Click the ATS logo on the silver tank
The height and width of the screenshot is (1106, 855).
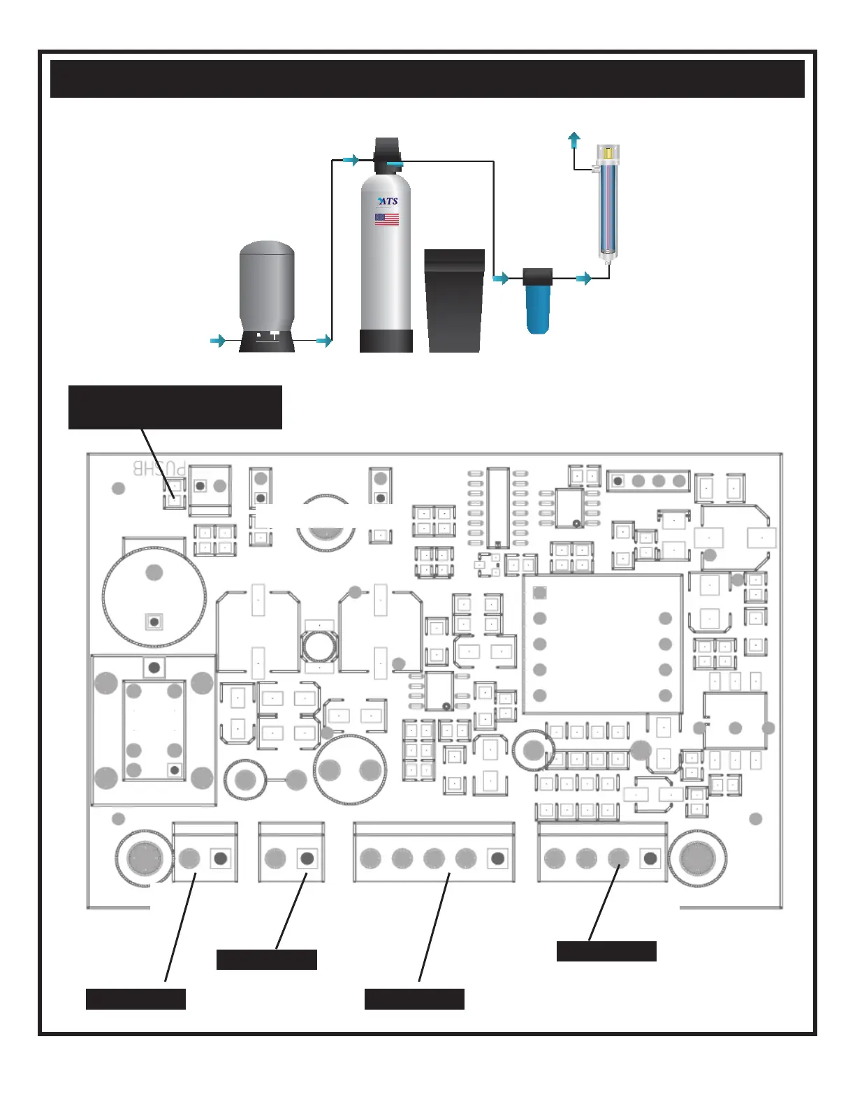(x=388, y=201)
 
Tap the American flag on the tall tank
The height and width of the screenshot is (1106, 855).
(x=387, y=219)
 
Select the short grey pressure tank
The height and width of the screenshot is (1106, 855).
(x=267, y=293)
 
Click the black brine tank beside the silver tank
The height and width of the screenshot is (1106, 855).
(x=455, y=300)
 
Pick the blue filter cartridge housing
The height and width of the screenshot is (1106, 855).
(x=538, y=306)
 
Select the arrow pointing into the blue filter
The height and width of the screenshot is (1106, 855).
(x=501, y=279)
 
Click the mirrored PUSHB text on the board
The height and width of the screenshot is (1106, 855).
(x=160, y=468)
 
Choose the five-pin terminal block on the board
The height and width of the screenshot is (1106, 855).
(x=434, y=853)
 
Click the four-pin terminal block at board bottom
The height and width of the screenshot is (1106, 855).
(x=602, y=853)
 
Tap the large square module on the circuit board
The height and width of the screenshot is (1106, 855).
(x=602, y=644)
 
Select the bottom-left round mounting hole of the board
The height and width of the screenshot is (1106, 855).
(x=145, y=857)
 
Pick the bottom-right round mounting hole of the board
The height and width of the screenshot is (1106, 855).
(x=697, y=857)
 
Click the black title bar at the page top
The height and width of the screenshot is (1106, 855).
(x=427, y=79)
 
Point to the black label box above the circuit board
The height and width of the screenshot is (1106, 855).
(x=175, y=407)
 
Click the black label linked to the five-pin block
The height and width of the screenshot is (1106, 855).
(x=414, y=999)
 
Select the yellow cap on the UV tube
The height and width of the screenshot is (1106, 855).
(x=608, y=152)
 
